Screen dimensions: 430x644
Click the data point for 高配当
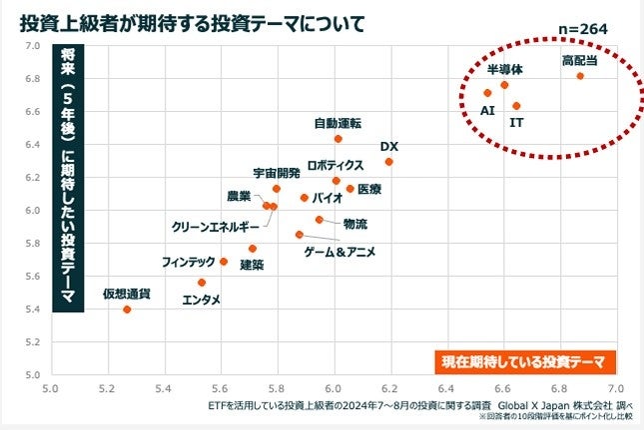[x=580, y=76]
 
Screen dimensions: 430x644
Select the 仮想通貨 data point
[x=127, y=310]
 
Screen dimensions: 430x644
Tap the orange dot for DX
[x=389, y=162]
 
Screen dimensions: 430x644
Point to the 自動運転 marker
[x=337, y=139]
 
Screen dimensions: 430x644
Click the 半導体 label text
[x=504, y=70]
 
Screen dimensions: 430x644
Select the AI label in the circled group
[x=488, y=111]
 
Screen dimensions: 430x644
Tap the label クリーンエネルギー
[x=216, y=227]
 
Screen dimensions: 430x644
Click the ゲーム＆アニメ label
[x=340, y=252]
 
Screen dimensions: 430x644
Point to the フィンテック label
[x=189, y=262]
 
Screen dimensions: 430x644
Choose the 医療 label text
[x=369, y=189]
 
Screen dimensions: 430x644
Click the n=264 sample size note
[x=582, y=29]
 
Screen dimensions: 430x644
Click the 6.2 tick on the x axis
[x=390, y=386]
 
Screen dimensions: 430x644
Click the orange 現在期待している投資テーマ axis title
[x=525, y=359]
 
